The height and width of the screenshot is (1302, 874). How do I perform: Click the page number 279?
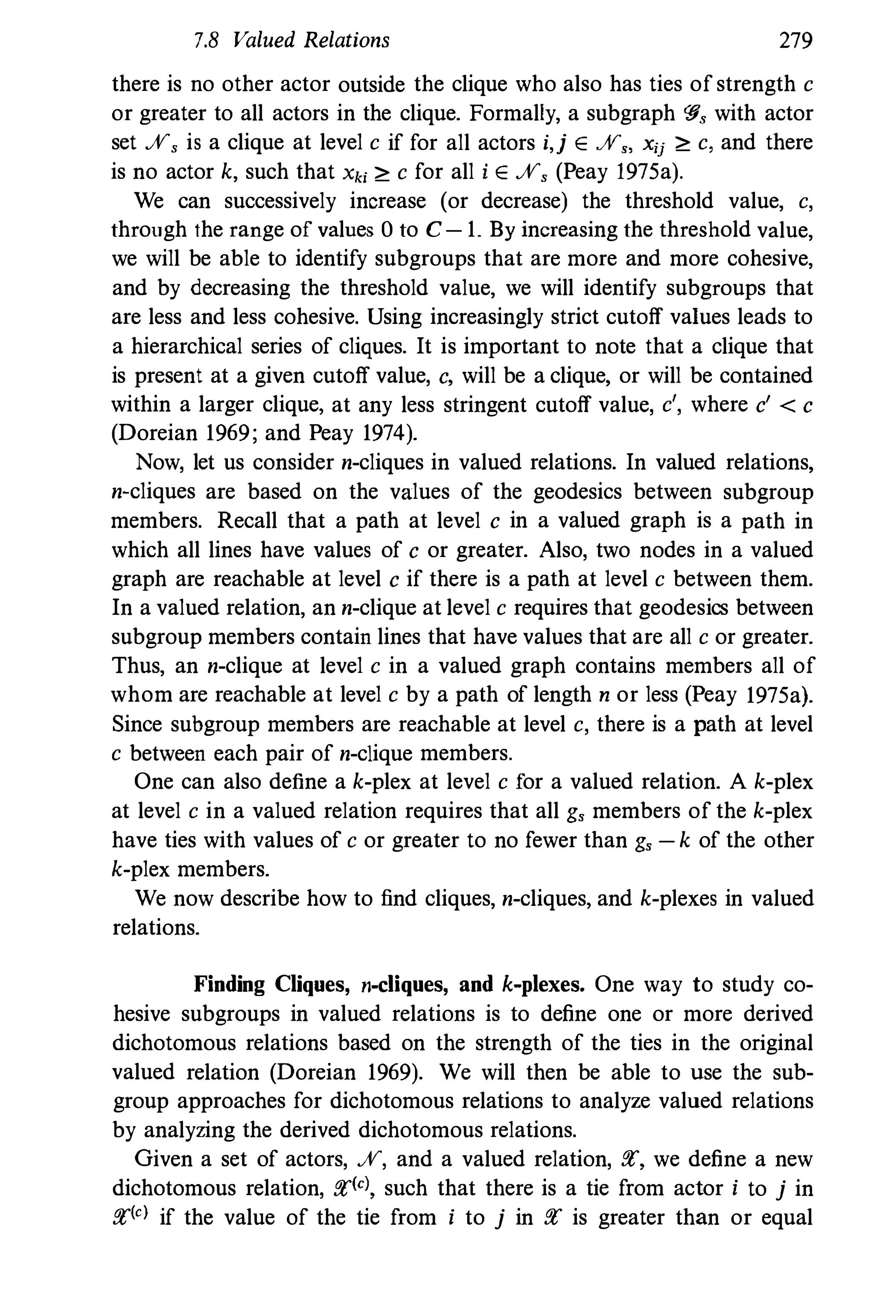click(x=795, y=41)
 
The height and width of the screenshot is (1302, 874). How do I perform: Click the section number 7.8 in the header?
click(x=204, y=41)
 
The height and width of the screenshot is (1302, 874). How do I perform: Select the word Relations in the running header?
click(x=346, y=41)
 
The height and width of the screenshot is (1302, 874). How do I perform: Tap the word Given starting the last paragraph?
click(x=163, y=1159)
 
